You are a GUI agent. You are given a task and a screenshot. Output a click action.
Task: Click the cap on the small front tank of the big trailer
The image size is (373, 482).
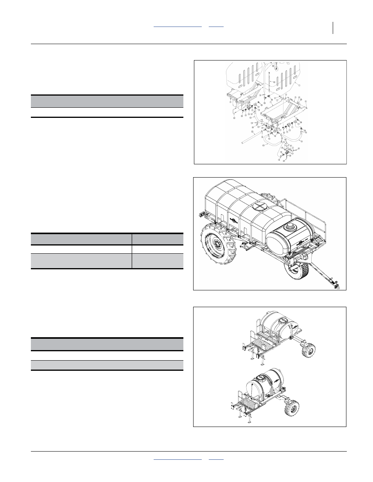click(291, 225)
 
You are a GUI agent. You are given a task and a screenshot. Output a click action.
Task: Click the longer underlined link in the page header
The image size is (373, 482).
click(178, 26)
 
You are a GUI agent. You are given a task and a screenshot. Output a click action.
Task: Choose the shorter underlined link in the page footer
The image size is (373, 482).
click(216, 459)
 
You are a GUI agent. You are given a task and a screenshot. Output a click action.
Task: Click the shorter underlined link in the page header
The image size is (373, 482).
click(216, 26)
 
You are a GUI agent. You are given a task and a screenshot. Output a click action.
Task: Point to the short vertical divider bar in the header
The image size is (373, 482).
click(334, 28)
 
